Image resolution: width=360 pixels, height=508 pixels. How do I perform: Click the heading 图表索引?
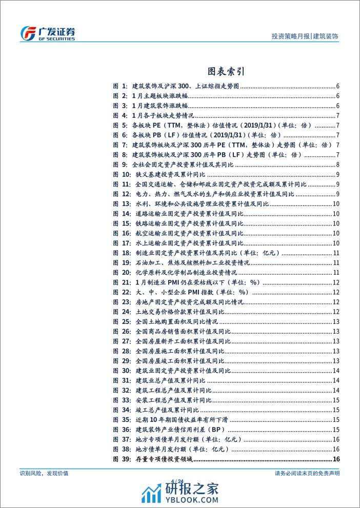pyautogui.click(x=179, y=71)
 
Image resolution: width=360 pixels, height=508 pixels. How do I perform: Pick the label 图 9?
pyautogui.click(x=120, y=164)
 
